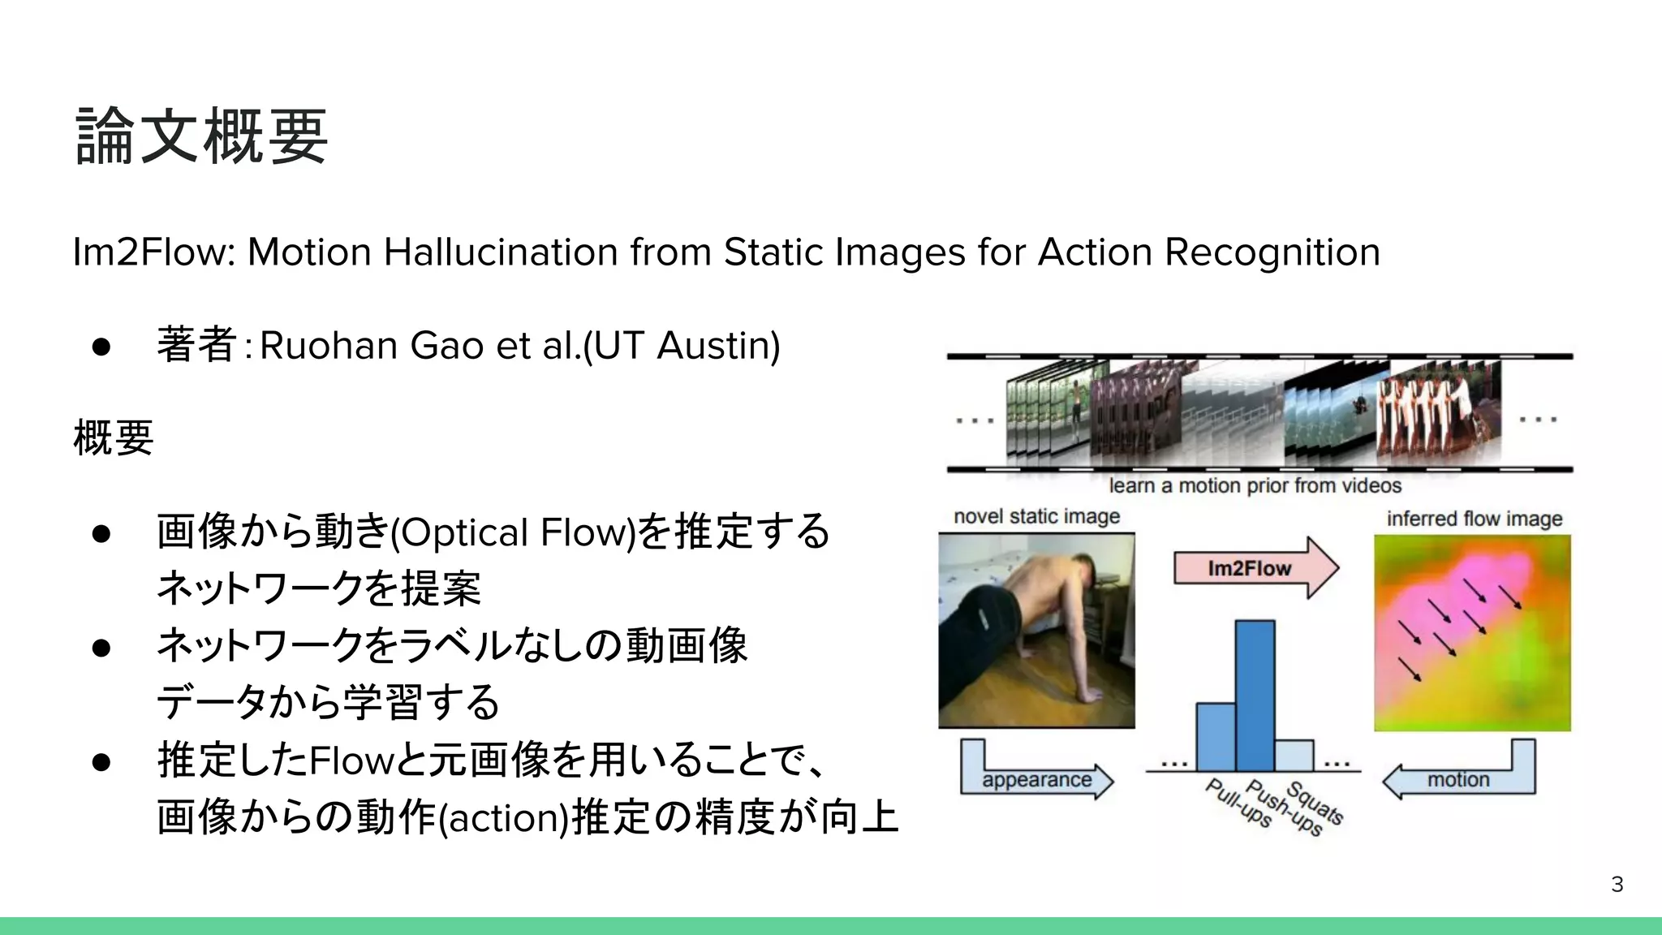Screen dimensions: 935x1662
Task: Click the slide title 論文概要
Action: click(201, 136)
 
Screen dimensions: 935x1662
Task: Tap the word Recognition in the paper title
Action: click(1272, 252)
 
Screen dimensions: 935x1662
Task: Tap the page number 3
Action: click(1617, 885)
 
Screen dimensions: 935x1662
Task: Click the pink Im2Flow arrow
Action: click(1254, 568)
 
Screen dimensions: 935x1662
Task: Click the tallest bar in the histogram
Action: click(1255, 696)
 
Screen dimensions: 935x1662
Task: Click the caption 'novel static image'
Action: click(1036, 516)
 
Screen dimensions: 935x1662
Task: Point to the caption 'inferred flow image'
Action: click(1474, 519)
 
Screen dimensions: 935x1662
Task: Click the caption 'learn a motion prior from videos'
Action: click(1255, 485)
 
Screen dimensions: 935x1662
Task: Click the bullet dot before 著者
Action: click(101, 347)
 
